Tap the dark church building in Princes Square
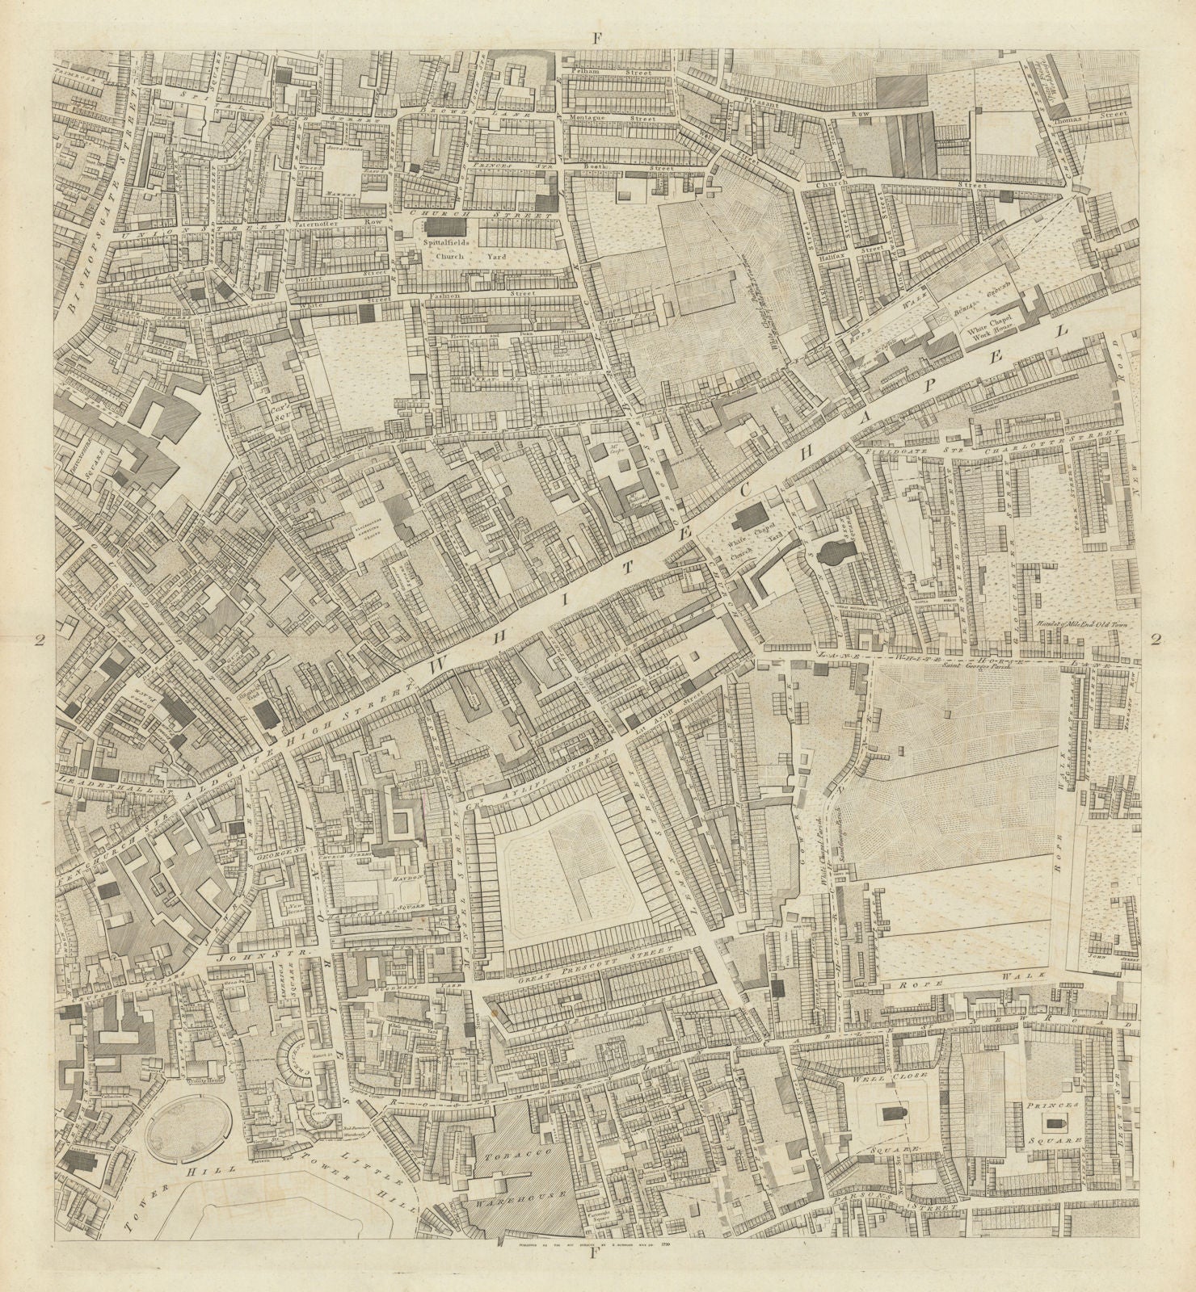[1055, 1122]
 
